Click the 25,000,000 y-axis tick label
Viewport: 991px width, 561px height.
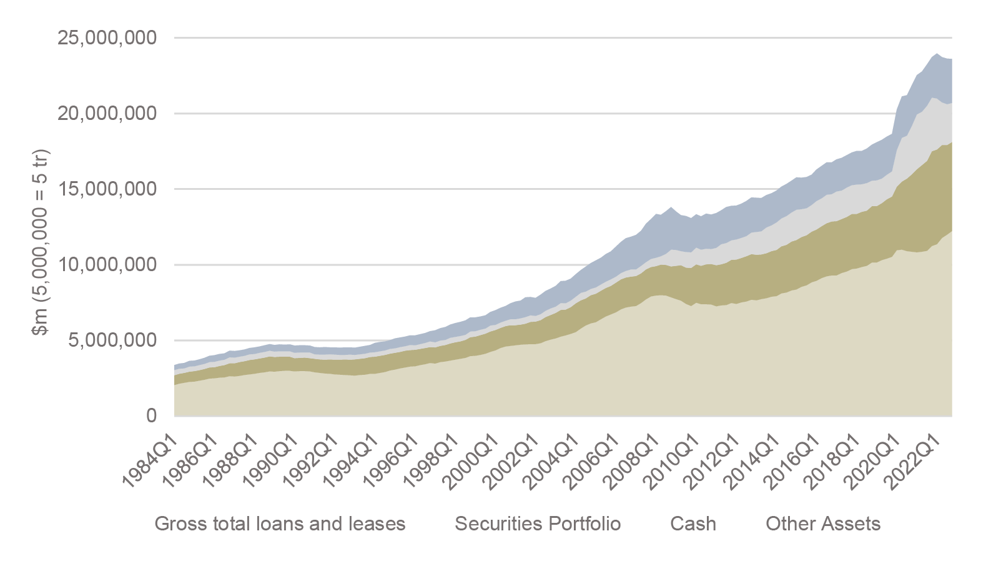tap(107, 38)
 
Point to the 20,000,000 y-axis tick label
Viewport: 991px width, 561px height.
tap(107, 114)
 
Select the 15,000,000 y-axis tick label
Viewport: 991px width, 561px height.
tap(107, 189)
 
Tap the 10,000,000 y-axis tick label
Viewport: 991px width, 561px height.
tap(107, 265)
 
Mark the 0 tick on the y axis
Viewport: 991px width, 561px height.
tap(151, 416)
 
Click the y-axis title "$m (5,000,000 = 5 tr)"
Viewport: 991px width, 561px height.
tap(41, 242)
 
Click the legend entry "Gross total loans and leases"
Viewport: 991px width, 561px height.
tap(280, 524)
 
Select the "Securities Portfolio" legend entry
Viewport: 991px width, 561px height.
tap(538, 524)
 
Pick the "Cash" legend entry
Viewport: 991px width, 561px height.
tap(693, 524)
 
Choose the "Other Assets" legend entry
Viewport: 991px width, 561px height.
tap(823, 524)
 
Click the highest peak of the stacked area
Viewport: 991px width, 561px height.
tap(937, 54)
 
